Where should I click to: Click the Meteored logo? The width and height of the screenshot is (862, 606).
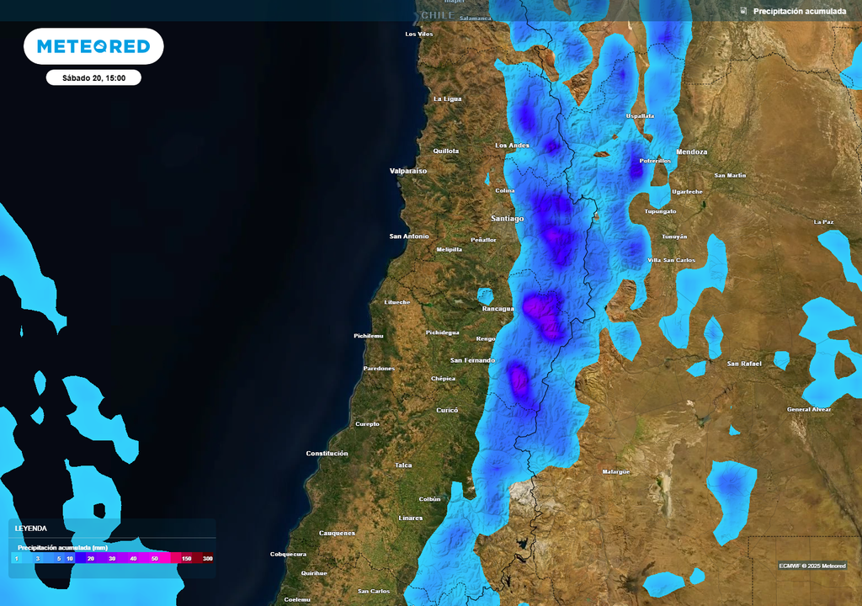point(93,46)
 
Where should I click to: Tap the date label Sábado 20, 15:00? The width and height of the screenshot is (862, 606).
point(93,77)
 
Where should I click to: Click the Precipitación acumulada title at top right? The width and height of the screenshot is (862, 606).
point(799,11)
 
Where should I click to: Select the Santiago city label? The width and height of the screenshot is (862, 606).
point(507,218)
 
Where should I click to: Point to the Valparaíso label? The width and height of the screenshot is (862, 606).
point(408,171)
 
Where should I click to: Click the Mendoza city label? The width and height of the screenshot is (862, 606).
point(691,152)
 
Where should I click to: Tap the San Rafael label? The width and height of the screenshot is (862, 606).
point(744,364)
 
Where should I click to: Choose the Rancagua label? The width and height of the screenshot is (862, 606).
point(498,308)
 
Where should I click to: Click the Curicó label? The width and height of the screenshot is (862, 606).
point(447,410)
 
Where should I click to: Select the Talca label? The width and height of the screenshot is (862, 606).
point(404,465)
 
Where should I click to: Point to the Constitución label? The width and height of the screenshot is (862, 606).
point(327,454)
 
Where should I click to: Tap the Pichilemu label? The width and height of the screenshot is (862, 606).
point(368,336)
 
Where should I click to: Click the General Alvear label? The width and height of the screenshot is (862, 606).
point(809,409)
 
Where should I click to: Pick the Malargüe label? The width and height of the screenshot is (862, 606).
point(616,471)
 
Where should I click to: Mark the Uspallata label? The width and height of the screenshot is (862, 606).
point(640,116)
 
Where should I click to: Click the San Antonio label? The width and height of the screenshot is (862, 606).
point(409,237)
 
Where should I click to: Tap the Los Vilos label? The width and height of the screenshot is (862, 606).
point(419,35)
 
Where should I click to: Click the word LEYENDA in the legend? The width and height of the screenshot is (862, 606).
point(31,529)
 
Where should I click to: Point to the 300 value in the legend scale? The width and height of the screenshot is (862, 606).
point(207,558)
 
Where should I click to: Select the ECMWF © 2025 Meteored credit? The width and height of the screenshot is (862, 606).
point(812,566)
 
